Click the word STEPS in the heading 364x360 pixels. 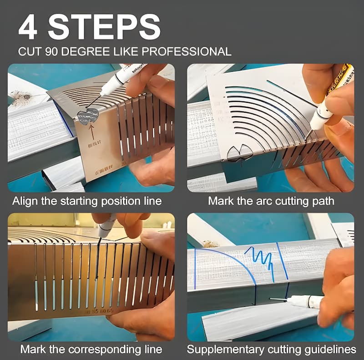pos(104,27)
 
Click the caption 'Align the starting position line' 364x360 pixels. pos(87,200)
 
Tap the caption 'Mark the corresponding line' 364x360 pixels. pos(91,349)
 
